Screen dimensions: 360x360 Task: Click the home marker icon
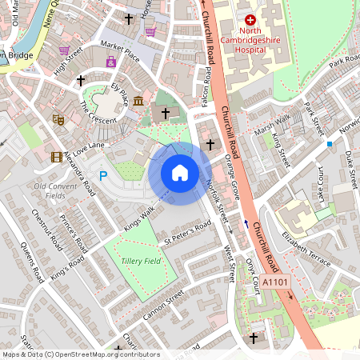click(x=180, y=173)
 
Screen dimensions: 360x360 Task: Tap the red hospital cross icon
click(x=250, y=19)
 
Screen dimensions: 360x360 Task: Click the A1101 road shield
click(x=274, y=282)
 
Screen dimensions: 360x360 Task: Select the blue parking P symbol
click(x=102, y=174)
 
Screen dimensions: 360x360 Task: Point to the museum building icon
click(x=138, y=100)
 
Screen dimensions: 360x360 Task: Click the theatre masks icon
click(x=58, y=119)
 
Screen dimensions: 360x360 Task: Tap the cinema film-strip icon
click(x=56, y=157)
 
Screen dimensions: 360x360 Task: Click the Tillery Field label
click(x=141, y=262)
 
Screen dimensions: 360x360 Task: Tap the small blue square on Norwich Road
click(x=329, y=144)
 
